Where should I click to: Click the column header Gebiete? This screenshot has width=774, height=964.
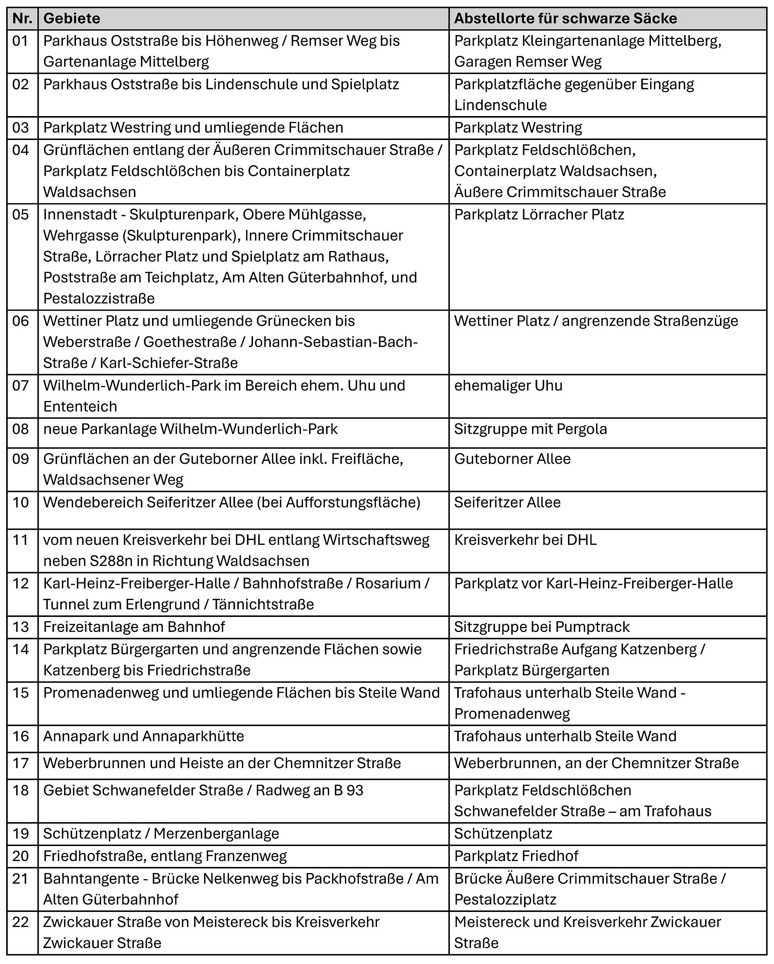pos(72,19)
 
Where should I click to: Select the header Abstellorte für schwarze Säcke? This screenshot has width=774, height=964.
pos(566,19)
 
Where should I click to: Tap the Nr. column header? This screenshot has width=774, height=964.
pos(22,19)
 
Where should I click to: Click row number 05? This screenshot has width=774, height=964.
pos(20,215)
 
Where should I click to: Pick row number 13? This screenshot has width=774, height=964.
pos(20,627)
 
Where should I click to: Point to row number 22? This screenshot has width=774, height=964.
pos(20,922)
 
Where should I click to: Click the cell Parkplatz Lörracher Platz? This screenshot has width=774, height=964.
pos(539,215)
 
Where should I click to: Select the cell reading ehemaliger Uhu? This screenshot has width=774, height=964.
pos(508,386)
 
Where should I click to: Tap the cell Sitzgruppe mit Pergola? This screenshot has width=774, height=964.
pos(531,429)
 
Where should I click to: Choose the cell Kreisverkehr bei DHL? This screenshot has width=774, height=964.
pos(525,540)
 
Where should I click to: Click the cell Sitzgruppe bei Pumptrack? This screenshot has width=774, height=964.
pos(542,627)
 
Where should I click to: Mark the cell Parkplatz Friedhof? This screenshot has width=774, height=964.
pos(516,856)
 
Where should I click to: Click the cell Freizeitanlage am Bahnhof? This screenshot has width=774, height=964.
pos(134,627)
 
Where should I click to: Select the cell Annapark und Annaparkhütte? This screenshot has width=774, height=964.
pos(144,736)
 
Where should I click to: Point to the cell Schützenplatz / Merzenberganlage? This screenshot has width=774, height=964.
pos(161,833)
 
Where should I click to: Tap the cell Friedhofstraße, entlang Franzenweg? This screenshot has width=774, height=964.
pos(165,856)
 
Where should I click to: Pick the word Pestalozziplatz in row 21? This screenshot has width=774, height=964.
pos(505,899)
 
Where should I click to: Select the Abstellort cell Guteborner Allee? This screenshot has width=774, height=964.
pos(512,459)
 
